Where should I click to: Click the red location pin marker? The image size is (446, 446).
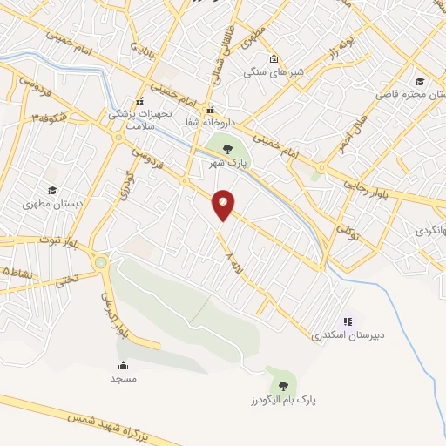click(224, 204)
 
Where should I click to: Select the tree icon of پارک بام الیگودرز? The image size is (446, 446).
click(282, 384)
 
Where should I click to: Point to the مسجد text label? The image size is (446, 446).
click(123, 379)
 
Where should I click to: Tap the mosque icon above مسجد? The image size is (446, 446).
click(123, 365)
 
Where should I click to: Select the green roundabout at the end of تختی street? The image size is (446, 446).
click(101, 262)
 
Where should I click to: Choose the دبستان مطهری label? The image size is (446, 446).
click(51, 206)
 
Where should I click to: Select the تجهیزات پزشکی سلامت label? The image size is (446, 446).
click(139, 118)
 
